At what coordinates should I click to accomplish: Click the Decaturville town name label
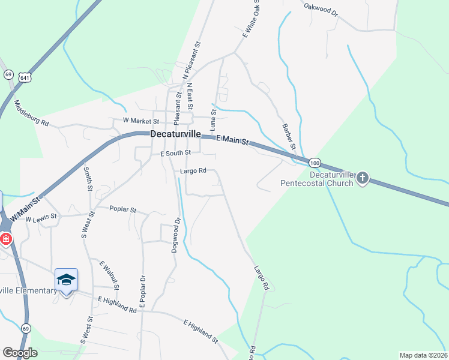pos(175,134)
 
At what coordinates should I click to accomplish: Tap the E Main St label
pos(232,140)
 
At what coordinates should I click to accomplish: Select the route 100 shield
pos(315,163)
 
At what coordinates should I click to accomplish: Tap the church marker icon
pos(363,178)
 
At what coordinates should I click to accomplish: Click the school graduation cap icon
pos(66,280)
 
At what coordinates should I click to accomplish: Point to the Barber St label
pos(289,137)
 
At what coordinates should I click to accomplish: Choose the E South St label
pos(175,153)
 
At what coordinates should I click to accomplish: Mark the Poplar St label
pos(123,210)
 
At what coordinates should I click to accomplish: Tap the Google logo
pos(20,353)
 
